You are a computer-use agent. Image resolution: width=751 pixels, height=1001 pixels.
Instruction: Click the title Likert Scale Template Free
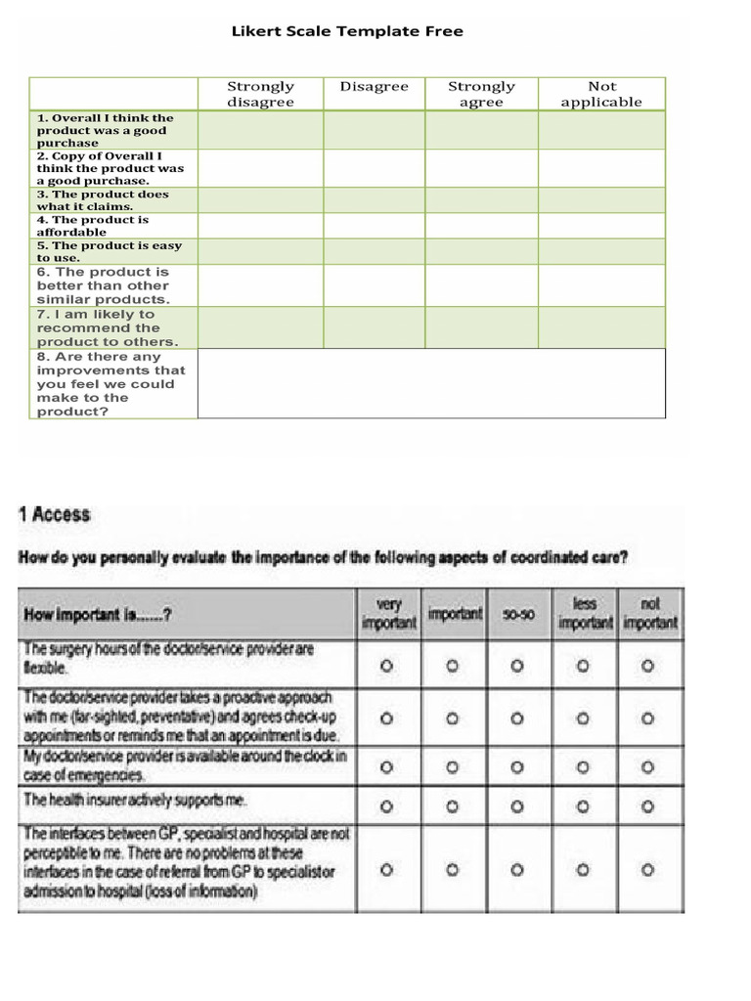(347, 31)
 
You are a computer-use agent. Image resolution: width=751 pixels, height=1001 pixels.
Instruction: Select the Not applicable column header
(601, 94)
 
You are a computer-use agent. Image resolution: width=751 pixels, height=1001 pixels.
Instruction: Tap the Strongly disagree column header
(260, 94)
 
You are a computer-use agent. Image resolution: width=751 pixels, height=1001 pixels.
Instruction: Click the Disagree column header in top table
(374, 87)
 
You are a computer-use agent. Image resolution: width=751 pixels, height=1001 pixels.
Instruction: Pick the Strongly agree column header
(481, 94)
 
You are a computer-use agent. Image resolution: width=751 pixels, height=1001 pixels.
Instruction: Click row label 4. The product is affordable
(93, 226)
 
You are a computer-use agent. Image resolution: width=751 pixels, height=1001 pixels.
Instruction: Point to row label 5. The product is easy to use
(109, 251)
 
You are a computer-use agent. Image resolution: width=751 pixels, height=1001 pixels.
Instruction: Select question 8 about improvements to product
(110, 384)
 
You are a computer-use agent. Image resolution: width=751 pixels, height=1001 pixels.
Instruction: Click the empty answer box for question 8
(430, 383)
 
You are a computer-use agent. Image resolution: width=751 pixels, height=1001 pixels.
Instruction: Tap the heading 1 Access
(55, 514)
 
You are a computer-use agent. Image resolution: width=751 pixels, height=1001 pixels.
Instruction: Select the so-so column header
(517, 615)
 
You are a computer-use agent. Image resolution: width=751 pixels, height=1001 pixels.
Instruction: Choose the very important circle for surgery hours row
(386, 665)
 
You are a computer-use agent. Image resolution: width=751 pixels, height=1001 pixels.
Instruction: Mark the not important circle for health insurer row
(648, 806)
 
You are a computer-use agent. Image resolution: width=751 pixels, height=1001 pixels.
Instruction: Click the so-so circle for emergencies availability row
(517, 765)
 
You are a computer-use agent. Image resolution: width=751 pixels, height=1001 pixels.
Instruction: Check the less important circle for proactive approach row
(583, 718)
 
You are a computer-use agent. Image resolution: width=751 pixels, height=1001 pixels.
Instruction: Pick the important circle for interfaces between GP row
(452, 869)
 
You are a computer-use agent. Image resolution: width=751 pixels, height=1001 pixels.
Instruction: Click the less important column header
(585, 614)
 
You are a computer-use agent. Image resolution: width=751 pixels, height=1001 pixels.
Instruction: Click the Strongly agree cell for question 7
(481, 327)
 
